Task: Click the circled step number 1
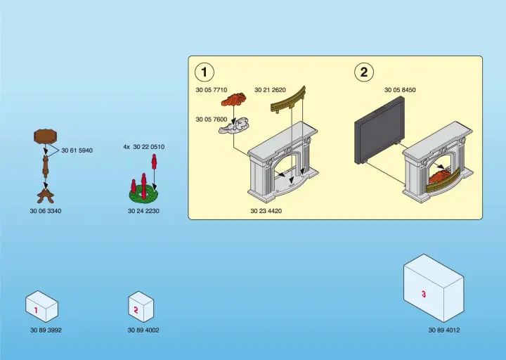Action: point(205,72)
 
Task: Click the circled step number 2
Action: point(363,72)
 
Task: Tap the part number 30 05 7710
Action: point(212,90)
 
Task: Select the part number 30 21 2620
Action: point(270,90)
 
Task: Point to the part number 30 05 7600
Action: point(212,120)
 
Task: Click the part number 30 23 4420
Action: point(266,210)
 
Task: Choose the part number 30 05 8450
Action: point(400,90)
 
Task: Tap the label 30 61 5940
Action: point(77,150)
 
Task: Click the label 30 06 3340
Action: point(46,211)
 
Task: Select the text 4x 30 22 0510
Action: point(144,147)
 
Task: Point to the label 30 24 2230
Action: point(143,211)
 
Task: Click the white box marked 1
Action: point(41,307)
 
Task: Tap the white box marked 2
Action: point(140,307)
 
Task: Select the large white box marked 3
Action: point(433,288)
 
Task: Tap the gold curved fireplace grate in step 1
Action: point(288,100)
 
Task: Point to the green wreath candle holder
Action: point(143,191)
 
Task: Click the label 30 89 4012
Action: point(444,330)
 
